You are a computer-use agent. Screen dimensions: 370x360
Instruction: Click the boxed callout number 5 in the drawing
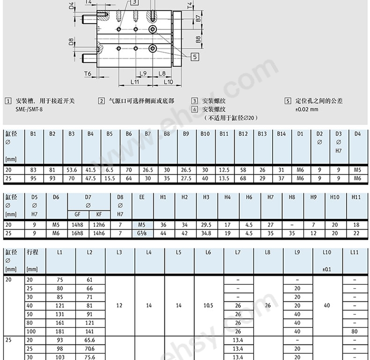(x=195, y=57)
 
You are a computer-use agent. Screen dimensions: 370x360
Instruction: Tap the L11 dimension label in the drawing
(x=135, y=82)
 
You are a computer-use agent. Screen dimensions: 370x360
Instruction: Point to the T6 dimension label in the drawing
(x=88, y=74)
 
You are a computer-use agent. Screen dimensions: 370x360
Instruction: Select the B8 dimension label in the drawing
(x=198, y=40)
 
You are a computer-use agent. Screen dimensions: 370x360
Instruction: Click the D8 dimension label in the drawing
(x=71, y=42)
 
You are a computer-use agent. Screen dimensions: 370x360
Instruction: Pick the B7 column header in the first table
(x=148, y=134)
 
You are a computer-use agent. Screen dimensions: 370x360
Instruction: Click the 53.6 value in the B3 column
(x=72, y=170)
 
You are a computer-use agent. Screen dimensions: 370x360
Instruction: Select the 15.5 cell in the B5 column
(x=110, y=178)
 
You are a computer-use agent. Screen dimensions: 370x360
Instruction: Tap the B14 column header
(x=281, y=134)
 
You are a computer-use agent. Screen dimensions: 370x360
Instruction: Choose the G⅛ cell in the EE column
(x=142, y=233)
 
